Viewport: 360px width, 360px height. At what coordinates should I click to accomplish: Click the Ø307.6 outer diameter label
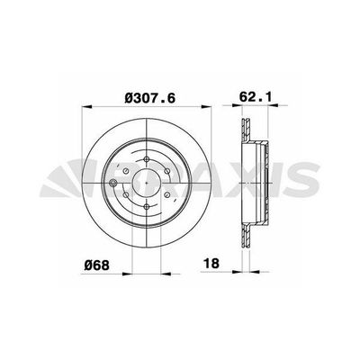[135, 91]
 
